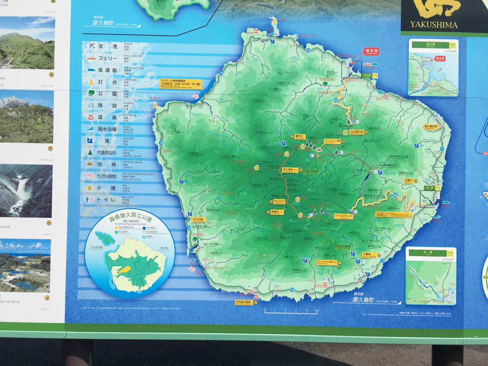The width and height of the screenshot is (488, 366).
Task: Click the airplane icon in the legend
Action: tap(92, 45)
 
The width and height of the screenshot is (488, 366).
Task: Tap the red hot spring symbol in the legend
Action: tap(91, 116)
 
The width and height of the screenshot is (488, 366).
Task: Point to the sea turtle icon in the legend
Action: tap(91, 176)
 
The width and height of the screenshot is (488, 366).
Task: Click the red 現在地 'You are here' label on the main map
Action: tap(371, 51)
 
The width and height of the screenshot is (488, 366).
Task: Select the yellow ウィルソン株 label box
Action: tap(332, 141)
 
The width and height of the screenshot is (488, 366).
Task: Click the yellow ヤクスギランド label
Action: tap(343, 216)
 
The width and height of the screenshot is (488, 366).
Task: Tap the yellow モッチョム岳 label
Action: tap(327, 262)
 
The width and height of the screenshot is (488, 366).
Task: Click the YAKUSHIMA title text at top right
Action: tap(434, 25)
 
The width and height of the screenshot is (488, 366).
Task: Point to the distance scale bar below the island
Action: tap(290, 312)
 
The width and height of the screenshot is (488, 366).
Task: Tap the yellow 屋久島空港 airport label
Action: tap(431, 127)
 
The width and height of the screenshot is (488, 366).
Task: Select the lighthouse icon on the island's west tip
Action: tap(155, 104)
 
